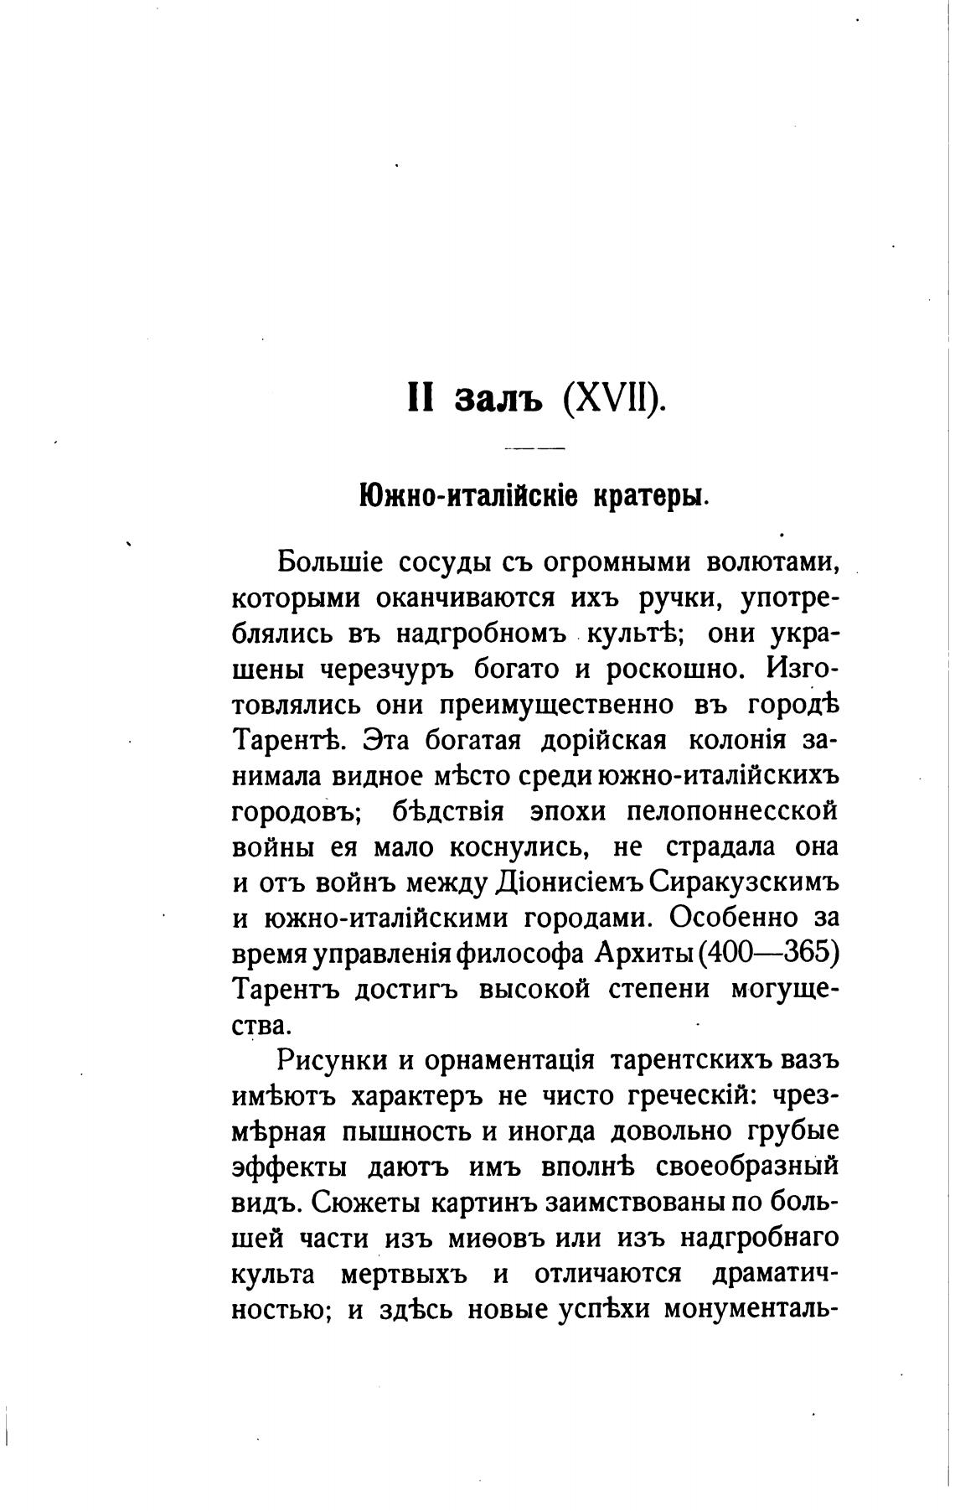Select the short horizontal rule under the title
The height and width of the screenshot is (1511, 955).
click(534, 449)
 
